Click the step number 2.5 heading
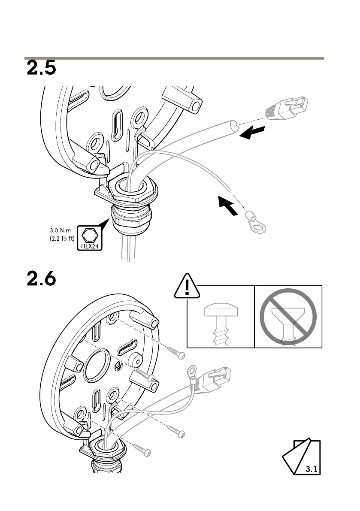pyautogui.click(x=42, y=69)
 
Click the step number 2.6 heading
pyautogui.click(x=42, y=279)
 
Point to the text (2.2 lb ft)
pyautogui.click(x=63, y=238)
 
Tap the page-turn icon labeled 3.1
pyautogui.click(x=301, y=457)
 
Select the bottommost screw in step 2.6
pyautogui.click(x=142, y=450)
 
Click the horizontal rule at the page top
pyautogui.click(x=174, y=58)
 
